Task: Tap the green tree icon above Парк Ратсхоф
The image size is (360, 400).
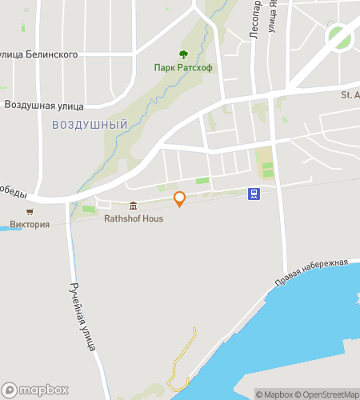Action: tap(183, 54)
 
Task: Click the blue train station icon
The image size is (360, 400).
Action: tap(254, 193)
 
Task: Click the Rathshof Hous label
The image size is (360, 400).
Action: tap(134, 218)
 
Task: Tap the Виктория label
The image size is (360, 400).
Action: tap(30, 224)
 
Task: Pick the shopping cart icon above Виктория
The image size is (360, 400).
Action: tap(30, 212)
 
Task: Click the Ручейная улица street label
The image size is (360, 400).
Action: tap(82, 317)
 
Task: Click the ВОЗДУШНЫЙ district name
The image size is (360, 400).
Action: tap(90, 125)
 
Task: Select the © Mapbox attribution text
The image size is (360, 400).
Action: tap(274, 394)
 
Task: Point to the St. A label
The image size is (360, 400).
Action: tap(350, 95)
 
